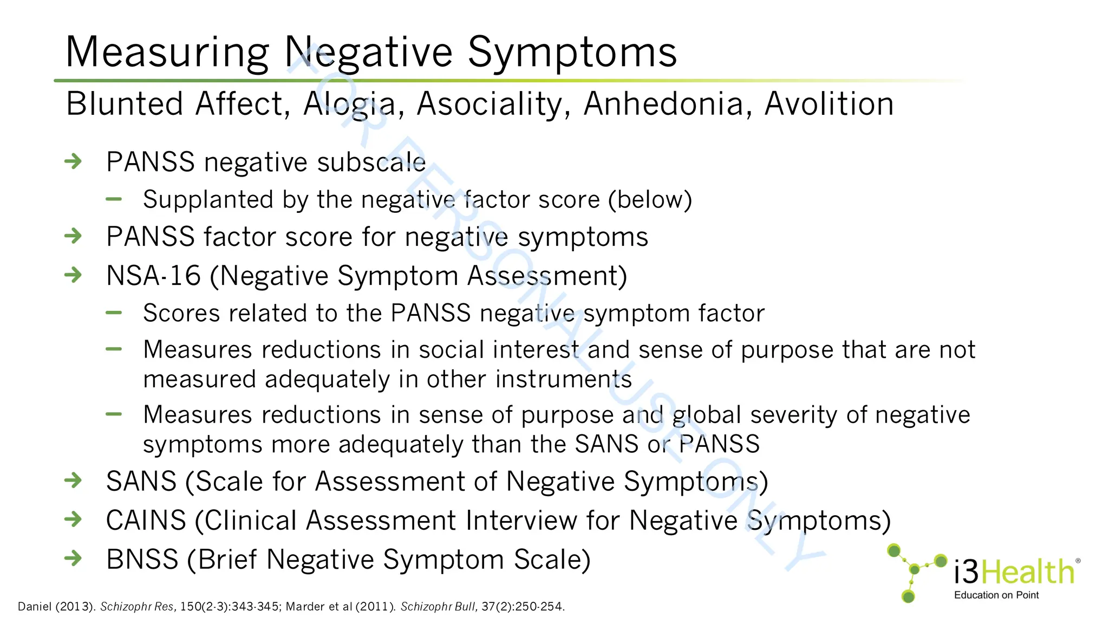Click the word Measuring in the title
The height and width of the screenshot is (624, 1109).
pos(167,53)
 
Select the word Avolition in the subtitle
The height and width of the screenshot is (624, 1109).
pos(829,104)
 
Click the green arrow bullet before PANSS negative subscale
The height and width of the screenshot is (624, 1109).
pos(73,161)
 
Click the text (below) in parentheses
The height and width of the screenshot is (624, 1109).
pos(650,200)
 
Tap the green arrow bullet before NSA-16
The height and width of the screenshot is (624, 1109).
pos(73,275)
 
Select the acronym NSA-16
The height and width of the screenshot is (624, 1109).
pos(153,276)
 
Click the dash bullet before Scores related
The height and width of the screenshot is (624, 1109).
pos(114,313)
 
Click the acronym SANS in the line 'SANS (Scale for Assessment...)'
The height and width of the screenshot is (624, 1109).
pos(141,482)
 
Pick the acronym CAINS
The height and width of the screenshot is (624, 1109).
pos(146,521)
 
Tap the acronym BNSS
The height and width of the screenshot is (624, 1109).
pos(142,560)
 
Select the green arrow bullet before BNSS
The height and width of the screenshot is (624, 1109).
pos(73,558)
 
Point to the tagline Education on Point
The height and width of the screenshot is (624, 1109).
pos(996,595)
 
